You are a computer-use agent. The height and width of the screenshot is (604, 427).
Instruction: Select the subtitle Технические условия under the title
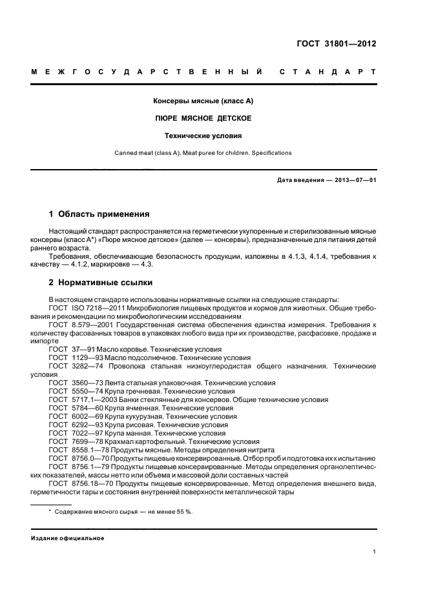(x=203, y=136)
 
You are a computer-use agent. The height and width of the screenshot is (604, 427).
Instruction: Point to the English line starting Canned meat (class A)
(x=203, y=153)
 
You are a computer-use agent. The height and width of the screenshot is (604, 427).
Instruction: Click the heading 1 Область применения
(x=99, y=214)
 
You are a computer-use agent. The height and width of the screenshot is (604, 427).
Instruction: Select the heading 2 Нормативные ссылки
(x=98, y=283)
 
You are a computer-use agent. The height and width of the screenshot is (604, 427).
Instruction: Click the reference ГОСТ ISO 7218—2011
(x=85, y=307)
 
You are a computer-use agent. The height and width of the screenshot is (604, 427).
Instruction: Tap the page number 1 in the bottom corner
(x=375, y=552)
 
